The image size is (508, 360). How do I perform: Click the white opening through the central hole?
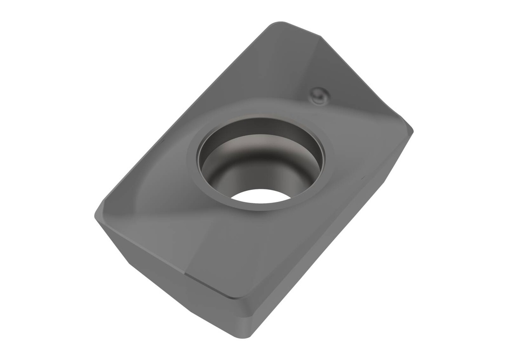tap(260, 196)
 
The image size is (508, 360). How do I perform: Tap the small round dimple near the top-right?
tap(318, 95)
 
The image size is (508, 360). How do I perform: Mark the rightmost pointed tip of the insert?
tap(412, 130)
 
